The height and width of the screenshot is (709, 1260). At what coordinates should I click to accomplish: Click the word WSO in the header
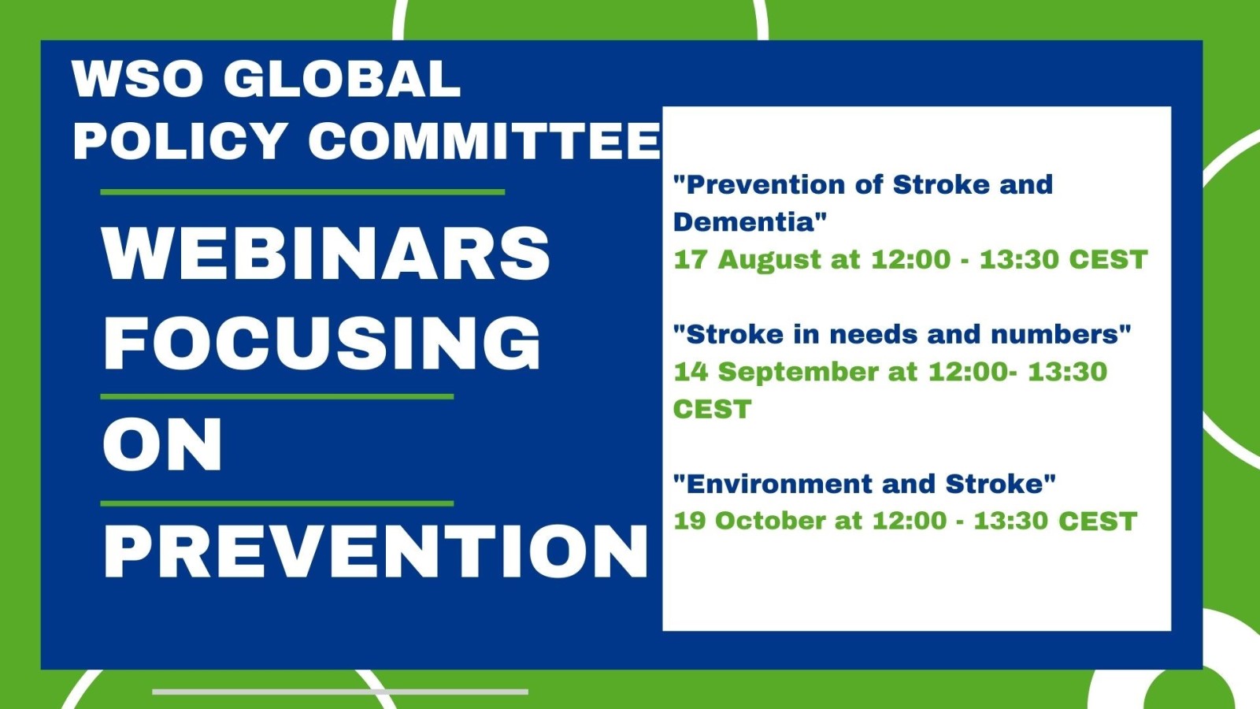click(x=137, y=79)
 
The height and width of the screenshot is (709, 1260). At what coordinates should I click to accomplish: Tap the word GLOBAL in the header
click(x=343, y=79)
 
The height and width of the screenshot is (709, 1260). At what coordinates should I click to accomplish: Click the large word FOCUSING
click(x=322, y=343)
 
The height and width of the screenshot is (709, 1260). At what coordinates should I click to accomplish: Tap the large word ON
click(x=162, y=444)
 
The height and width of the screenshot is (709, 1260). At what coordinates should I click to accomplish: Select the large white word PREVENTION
click(x=376, y=551)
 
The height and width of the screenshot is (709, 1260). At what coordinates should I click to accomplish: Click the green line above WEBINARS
click(x=302, y=192)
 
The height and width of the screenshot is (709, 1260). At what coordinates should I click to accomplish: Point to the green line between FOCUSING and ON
click(x=276, y=397)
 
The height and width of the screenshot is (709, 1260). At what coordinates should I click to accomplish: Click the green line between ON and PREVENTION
click(x=276, y=503)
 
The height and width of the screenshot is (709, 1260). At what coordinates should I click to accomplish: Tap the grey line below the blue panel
click(x=340, y=692)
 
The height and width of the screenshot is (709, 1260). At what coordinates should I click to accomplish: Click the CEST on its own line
click(x=712, y=409)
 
